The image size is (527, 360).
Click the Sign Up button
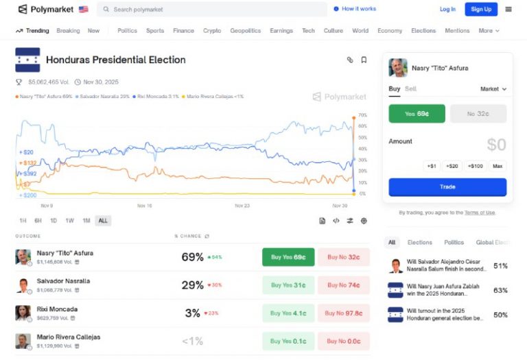(481, 9)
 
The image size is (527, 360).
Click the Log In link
(447, 9)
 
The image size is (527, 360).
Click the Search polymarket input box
(213, 9)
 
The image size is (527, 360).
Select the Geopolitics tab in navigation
(245, 31)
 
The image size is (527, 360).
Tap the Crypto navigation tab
(212, 31)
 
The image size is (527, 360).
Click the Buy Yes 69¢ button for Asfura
(288, 257)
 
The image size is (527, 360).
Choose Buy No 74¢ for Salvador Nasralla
(343, 285)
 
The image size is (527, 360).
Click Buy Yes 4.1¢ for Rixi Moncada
(288, 313)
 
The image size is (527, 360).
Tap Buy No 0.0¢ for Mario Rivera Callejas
(343, 341)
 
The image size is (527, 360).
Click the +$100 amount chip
(475, 166)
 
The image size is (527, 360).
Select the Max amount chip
(497, 166)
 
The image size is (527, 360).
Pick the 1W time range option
(69, 221)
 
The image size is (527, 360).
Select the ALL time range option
(103, 221)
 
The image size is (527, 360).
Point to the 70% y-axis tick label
(362, 115)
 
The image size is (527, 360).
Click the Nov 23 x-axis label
(242, 206)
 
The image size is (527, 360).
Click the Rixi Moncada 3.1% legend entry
(156, 97)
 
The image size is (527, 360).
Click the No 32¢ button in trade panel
(478, 114)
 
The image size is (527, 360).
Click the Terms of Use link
(480, 213)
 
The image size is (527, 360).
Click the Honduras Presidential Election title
(116, 60)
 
